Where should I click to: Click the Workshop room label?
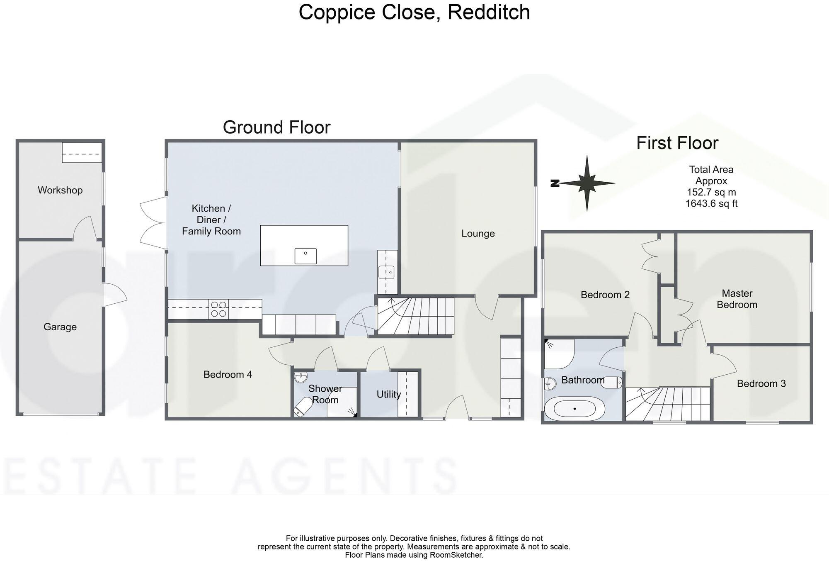click(x=60, y=190)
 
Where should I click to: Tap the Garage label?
click(x=60, y=327)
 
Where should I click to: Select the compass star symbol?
click(x=586, y=183)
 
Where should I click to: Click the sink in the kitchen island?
click(x=305, y=256)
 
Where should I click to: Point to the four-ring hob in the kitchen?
click(x=219, y=309)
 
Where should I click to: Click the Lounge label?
click(x=478, y=234)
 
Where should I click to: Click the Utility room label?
click(x=388, y=394)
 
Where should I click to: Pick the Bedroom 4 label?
click(x=228, y=375)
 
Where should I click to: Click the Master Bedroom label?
click(x=737, y=299)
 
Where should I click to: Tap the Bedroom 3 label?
click(x=761, y=383)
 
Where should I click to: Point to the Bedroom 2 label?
click(x=605, y=295)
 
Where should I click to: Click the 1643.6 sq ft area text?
click(x=711, y=204)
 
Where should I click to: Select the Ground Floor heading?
click(x=276, y=127)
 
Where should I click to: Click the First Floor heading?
click(x=677, y=143)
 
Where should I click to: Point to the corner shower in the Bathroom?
click(x=558, y=354)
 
